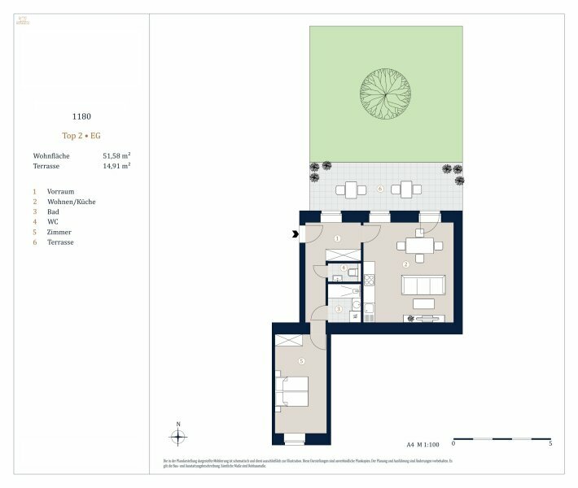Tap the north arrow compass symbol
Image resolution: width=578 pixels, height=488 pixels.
(x=177, y=437)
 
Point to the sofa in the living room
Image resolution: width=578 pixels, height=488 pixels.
(x=423, y=285)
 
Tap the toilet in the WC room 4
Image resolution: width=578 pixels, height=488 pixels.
(x=338, y=277)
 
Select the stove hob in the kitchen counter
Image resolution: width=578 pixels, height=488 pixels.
(x=367, y=281)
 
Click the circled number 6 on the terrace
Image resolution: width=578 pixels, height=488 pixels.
(x=380, y=189)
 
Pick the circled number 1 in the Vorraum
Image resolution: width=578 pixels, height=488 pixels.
(x=337, y=239)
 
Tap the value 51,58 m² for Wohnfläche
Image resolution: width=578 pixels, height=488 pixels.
(x=116, y=155)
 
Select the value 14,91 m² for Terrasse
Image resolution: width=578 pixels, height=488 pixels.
(x=116, y=165)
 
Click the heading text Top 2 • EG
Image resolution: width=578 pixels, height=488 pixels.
(x=81, y=136)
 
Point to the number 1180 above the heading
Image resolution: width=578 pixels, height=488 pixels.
(x=81, y=116)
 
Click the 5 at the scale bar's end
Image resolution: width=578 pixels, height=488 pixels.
(x=551, y=445)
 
